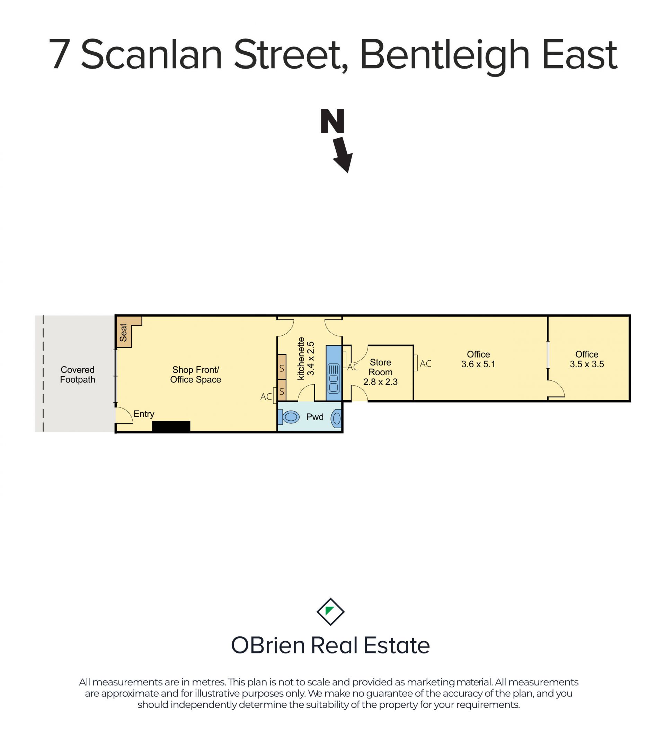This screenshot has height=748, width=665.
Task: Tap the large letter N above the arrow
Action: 332,121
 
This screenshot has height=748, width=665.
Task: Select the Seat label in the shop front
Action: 123,332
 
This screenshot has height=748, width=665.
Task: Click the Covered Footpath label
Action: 78,375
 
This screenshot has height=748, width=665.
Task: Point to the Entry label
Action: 144,414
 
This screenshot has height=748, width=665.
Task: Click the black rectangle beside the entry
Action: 171,427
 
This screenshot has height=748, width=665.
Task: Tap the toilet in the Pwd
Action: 289,417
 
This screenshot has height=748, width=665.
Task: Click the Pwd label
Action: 314,417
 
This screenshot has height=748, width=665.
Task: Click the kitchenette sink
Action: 334,378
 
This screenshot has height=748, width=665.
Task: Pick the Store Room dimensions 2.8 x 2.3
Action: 380,382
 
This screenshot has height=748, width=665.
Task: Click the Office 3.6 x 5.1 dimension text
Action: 478,364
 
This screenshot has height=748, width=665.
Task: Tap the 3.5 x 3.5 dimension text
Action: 587,364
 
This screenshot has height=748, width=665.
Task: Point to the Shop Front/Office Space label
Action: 196,375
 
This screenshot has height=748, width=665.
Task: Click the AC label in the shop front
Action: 266,397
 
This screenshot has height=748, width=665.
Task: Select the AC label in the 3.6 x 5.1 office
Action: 425,364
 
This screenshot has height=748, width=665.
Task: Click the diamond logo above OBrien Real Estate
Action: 330,611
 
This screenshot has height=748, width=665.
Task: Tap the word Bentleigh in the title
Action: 444,56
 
